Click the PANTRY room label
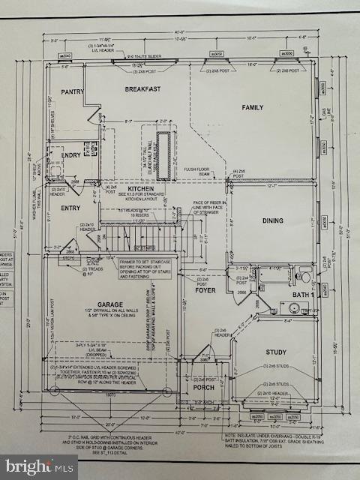point(73,92)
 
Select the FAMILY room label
point(252,108)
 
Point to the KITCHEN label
point(141,189)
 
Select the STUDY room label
point(276,352)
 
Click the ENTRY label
point(71,208)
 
